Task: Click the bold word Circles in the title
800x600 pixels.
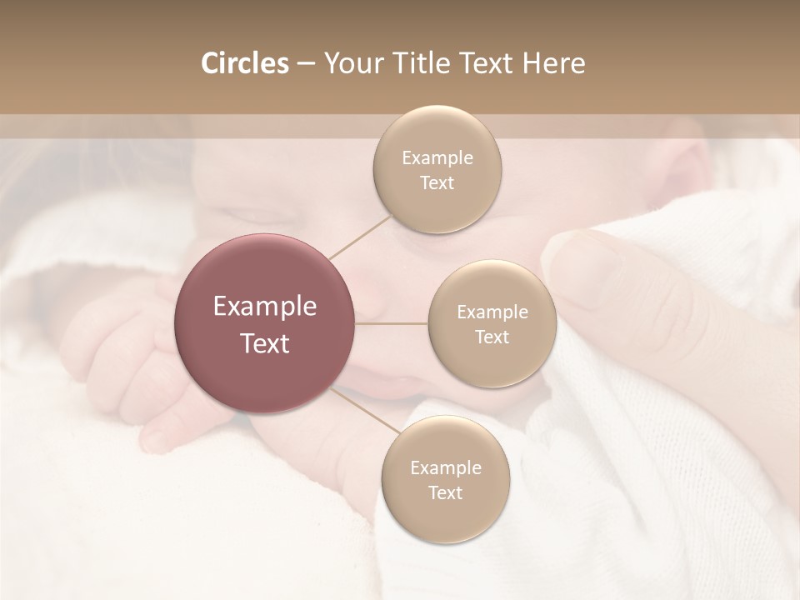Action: [244, 63]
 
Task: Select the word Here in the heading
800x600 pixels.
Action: [554, 63]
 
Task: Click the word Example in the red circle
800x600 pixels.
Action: [264, 307]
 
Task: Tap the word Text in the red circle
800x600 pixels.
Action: [264, 343]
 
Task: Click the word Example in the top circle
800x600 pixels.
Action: [437, 158]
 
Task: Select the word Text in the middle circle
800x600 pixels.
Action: [492, 337]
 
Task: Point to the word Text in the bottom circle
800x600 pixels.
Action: [446, 492]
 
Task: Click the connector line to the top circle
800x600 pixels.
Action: [360, 237]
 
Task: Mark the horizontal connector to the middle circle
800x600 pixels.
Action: [392, 323]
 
